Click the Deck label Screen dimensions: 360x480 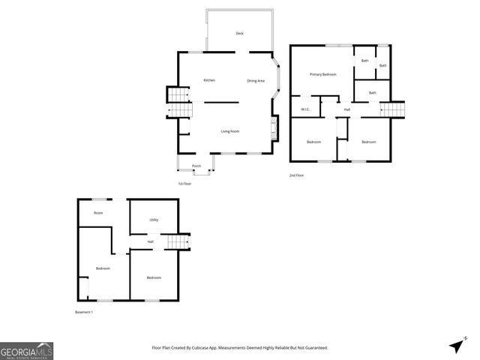[x=239, y=34]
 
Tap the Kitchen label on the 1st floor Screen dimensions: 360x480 [x=209, y=80]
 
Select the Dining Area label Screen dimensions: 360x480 [x=256, y=80]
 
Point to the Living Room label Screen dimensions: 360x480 [x=229, y=131]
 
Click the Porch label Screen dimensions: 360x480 [x=196, y=166]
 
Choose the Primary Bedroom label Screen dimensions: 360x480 [x=324, y=74]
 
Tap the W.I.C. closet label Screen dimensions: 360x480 [x=306, y=109]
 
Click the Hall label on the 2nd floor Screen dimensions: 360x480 [x=346, y=109]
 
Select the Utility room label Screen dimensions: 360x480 [x=154, y=220]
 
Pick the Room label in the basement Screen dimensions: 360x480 [x=98, y=213]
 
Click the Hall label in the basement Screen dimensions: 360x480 [x=150, y=241]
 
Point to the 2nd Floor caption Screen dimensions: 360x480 [x=296, y=175]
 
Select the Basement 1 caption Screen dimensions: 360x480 [x=84, y=312]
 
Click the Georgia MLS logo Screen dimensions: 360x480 [x=26, y=351]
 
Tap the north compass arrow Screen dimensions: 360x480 [x=456, y=346]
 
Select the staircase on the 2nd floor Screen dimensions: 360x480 [x=393, y=109]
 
